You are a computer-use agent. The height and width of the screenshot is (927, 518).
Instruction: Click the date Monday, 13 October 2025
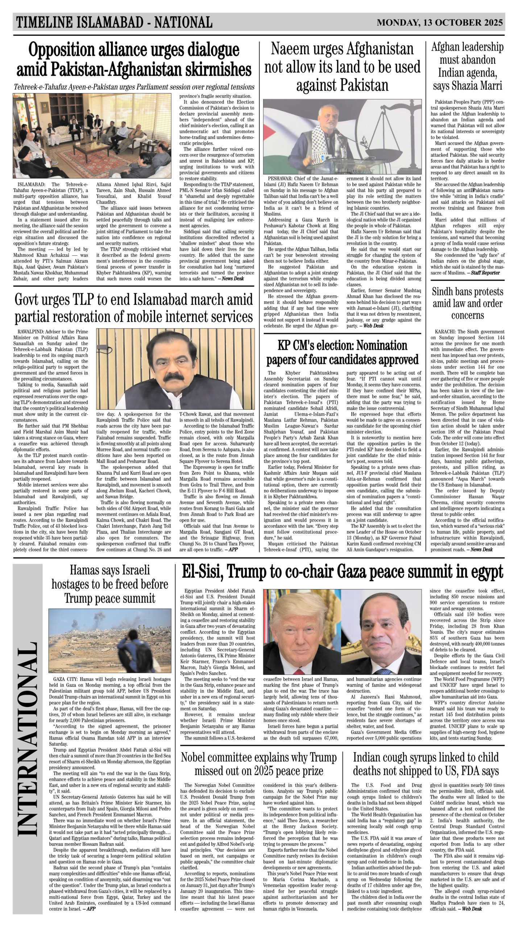[x=440, y=22]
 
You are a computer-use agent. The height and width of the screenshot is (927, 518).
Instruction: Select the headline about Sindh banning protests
[x=467, y=303]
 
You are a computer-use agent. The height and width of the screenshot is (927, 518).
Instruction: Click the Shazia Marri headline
[x=467, y=67]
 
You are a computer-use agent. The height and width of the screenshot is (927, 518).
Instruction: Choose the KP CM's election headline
[x=342, y=352]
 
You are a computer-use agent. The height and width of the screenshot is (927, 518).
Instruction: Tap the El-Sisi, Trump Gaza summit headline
[x=342, y=572]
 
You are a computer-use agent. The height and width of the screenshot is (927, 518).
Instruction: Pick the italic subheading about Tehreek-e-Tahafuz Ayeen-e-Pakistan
[x=134, y=87]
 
